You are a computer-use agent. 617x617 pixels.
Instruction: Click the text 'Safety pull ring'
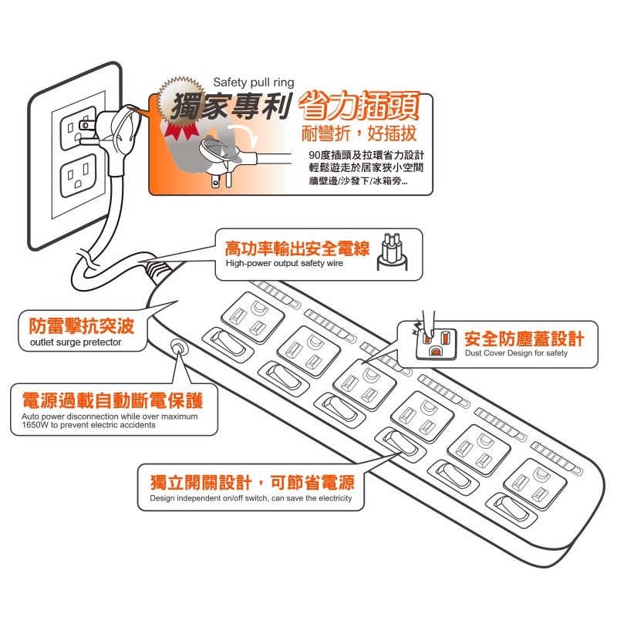pos(254,83)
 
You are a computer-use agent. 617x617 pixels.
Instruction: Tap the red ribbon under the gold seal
pos(181,131)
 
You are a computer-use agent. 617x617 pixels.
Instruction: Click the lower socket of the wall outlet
pos(79,176)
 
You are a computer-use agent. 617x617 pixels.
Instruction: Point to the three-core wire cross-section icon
pos(393,252)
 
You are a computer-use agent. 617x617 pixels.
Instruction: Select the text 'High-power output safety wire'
pos(284,263)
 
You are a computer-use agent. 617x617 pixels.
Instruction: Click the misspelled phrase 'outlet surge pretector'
pos(76,342)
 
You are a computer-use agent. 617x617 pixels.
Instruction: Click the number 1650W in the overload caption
pos(35,425)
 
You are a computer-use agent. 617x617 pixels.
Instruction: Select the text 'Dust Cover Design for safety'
pos(516,353)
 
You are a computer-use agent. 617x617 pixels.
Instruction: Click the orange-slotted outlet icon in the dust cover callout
pos(437,343)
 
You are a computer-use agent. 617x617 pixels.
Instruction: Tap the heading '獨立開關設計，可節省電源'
pos(252,483)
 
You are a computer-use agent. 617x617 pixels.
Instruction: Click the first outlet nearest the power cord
pos(253,317)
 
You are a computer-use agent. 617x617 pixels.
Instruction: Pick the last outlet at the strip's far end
pos(535,484)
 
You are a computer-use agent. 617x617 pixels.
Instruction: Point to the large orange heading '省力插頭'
pos(359,106)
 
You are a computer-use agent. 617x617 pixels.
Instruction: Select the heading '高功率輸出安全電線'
pos(297,248)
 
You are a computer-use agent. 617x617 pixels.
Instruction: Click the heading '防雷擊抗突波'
pos(82,325)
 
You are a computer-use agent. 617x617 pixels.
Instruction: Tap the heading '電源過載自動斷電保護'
pos(113,400)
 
